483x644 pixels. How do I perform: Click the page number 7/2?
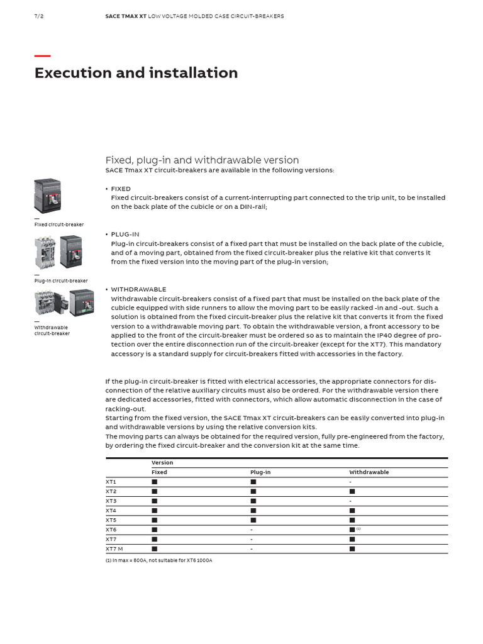[x=39, y=16]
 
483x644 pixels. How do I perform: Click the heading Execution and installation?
[x=136, y=73]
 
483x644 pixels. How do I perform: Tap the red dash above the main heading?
[x=42, y=56]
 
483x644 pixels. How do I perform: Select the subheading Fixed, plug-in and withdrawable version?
[x=202, y=160]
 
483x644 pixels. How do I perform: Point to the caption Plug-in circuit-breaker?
[x=61, y=281]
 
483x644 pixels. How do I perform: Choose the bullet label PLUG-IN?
[x=125, y=234]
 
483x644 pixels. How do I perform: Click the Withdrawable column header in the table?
[x=369, y=472]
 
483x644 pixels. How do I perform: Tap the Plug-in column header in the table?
[x=260, y=472]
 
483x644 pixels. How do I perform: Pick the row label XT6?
[x=111, y=530]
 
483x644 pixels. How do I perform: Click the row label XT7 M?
[x=114, y=549]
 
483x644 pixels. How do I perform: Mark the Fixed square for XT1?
[x=154, y=482]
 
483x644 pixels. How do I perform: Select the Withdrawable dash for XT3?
[x=350, y=501]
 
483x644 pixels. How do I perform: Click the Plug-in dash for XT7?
[x=252, y=540]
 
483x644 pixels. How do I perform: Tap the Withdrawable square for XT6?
[x=352, y=530]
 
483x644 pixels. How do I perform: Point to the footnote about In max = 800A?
[x=158, y=560]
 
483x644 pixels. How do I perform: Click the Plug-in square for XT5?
[x=253, y=520]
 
